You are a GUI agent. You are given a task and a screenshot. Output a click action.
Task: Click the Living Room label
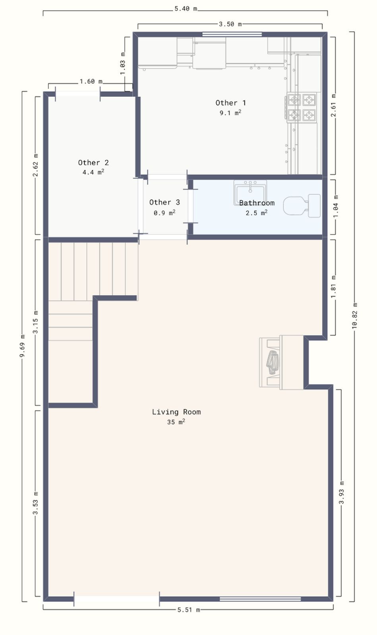click(x=176, y=412)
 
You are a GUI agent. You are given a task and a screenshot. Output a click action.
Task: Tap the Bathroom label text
click(x=257, y=203)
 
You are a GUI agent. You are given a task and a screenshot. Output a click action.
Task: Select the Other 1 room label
click(x=231, y=103)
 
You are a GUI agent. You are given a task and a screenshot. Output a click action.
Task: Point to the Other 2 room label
click(x=93, y=162)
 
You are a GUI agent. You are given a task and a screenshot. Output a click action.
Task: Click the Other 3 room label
click(x=164, y=202)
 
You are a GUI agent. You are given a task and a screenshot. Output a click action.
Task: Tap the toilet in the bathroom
click(x=302, y=206)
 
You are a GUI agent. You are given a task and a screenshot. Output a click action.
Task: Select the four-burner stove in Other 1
click(x=302, y=108)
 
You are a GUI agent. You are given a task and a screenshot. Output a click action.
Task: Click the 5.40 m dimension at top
click(x=186, y=9)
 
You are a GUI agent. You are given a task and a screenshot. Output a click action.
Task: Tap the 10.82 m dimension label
click(x=355, y=316)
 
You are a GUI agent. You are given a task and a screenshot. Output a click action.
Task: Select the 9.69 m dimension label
click(x=22, y=346)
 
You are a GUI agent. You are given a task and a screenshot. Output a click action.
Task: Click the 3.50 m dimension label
click(x=230, y=24)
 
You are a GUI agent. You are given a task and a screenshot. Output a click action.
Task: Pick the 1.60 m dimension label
click(x=91, y=81)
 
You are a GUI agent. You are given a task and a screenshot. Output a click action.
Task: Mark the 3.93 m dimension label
click(x=342, y=493)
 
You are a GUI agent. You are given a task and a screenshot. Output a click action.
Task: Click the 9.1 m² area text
click(x=230, y=113)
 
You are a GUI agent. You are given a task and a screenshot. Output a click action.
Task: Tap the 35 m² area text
click(x=176, y=422)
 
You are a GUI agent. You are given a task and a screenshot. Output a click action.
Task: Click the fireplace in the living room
click(x=281, y=362)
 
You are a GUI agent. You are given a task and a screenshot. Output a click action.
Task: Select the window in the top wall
click(x=232, y=34)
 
